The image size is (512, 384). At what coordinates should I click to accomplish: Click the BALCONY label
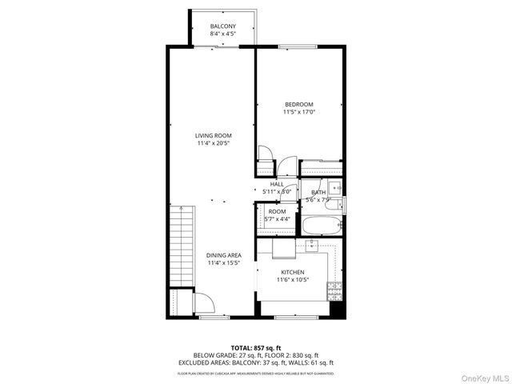(x=223, y=26)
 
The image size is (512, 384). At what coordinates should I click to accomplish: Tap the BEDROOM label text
(x=299, y=104)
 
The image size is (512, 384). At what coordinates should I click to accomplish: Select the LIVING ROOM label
(x=214, y=135)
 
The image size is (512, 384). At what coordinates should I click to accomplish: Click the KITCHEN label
(x=291, y=272)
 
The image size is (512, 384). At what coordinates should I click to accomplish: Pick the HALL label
(x=277, y=184)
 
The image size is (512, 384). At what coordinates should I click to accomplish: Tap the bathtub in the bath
(x=322, y=226)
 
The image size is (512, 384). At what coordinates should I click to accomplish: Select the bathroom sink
(x=337, y=187)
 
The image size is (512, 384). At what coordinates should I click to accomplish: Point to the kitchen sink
(x=311, y=245)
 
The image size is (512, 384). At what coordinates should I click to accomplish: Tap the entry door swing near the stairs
(x=204, y=304)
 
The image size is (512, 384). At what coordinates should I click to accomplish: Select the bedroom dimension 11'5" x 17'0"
(x=299, y=112)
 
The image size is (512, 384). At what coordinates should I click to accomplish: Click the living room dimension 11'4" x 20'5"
(x=214, y=143)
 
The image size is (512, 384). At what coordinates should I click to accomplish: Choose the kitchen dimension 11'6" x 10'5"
(x=291, y=280)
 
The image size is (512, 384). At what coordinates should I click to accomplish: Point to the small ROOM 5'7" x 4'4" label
(x=277, y=215)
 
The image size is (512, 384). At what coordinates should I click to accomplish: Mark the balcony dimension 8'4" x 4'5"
(x=223, y=34)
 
